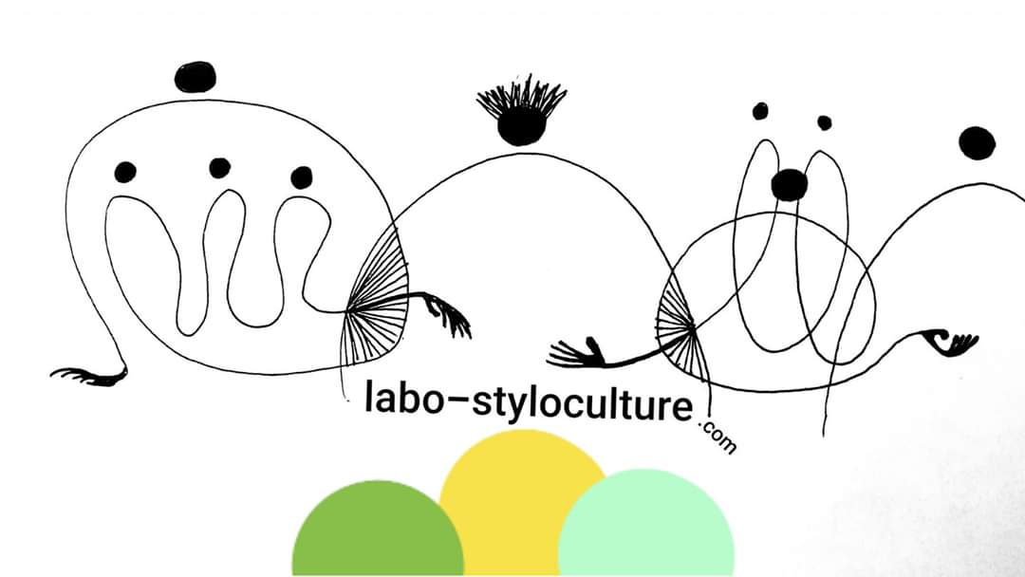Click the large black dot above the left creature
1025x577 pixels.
pos(196,77)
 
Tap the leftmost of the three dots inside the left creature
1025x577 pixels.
pos(125,172)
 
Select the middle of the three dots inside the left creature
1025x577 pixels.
pos(220,168)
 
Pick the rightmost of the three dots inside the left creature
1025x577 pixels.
pos(302,177)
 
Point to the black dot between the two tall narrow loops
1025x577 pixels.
pos(789,185)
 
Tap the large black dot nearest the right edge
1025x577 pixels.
pos(977,142)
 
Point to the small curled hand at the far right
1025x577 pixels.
pos(951,342)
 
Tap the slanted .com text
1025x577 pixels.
pos(717,437)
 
